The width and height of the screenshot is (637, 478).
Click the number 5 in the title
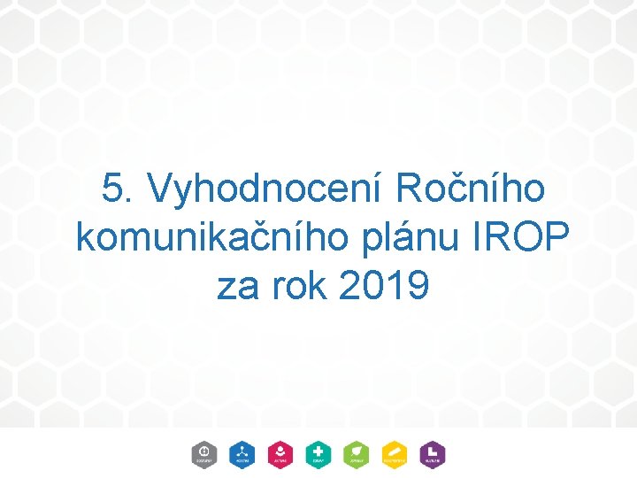[112, 189]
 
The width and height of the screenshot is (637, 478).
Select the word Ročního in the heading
[470, 189]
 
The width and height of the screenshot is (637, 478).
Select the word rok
[295, 285]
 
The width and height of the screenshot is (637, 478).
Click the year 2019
[383, 285]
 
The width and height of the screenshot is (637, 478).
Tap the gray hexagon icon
[203, 454]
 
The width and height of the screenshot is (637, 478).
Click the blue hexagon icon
[242, 454]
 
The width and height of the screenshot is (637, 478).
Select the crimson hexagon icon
[280, 454]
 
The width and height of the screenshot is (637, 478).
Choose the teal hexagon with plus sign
[318, 454]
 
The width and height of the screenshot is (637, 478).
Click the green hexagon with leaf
[357, 454]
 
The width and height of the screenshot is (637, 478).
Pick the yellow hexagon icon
[395, 454]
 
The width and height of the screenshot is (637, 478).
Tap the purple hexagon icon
[433, 454]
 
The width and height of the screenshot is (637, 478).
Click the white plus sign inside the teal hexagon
[318, 451]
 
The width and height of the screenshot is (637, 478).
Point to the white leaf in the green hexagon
[357, 451]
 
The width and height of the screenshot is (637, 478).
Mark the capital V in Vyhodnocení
[162, 189]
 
